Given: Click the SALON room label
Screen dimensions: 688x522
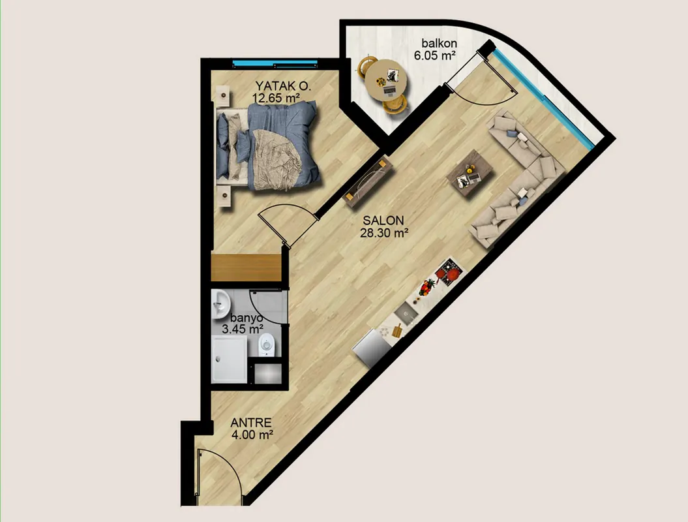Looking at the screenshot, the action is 383,221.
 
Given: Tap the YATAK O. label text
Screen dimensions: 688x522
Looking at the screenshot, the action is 284,85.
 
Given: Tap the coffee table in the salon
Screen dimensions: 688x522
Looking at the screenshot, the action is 470,175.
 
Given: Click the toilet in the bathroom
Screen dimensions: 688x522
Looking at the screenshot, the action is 266,345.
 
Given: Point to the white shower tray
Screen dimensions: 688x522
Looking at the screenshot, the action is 229,360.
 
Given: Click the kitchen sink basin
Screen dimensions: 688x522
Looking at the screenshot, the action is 406,315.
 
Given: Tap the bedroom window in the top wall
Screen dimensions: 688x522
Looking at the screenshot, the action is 275,64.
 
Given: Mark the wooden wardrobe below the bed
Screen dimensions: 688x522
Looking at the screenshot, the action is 246,267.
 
